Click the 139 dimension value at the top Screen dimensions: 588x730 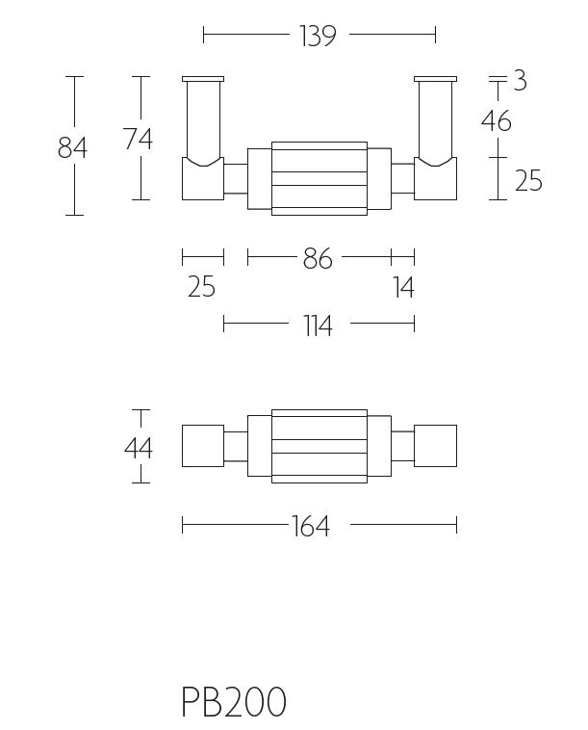pos(318,36)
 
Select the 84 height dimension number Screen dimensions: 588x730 pos(72,148)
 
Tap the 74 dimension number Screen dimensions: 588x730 pos(139,140)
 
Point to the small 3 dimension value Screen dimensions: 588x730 pos(520,81)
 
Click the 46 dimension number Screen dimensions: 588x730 pos(497,121)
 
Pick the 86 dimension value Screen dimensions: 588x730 pos(318,258)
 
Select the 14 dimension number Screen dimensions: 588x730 pos(403,287)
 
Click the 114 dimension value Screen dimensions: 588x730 pos(319,326)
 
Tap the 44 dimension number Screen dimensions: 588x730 pos(139,449)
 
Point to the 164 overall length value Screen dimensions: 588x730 pos(311,527)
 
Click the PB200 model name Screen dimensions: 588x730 pos(234,702)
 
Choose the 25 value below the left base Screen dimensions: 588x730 pos(201,286)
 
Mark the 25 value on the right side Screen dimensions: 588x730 pos(528,180)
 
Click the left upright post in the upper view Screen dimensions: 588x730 pos(203,121)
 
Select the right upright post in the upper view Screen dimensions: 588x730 pos(435,121)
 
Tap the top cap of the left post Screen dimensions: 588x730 pos(203,79)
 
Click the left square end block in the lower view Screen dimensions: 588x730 pos(203,446)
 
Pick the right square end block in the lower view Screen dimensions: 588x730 pos(435,446)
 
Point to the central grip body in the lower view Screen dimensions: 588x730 pos(320,446)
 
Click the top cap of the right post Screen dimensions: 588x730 pos(435,79)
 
